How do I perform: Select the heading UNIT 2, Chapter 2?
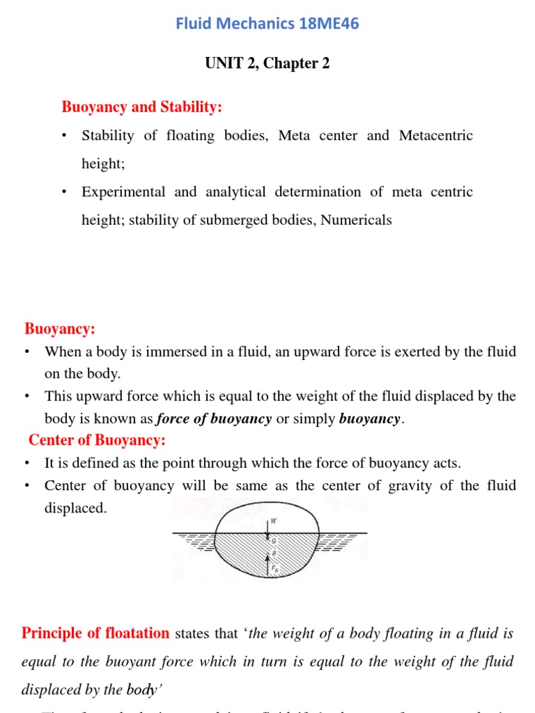[x=267, y=63]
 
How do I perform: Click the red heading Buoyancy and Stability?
[x=142, y=107]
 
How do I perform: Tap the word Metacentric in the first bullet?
[x=435, y=136]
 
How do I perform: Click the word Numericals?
[x=356, y=221]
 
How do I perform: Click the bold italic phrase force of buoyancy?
[x=214, y=419]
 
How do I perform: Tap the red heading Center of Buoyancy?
[x=97, y=441]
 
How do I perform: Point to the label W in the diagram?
[x=273, y=519]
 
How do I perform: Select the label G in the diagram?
[x=273, y=540]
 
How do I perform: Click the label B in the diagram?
[x=273, y=554]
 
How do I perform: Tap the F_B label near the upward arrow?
[x=274, y=567]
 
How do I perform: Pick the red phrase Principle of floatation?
[x=95, y=634]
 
